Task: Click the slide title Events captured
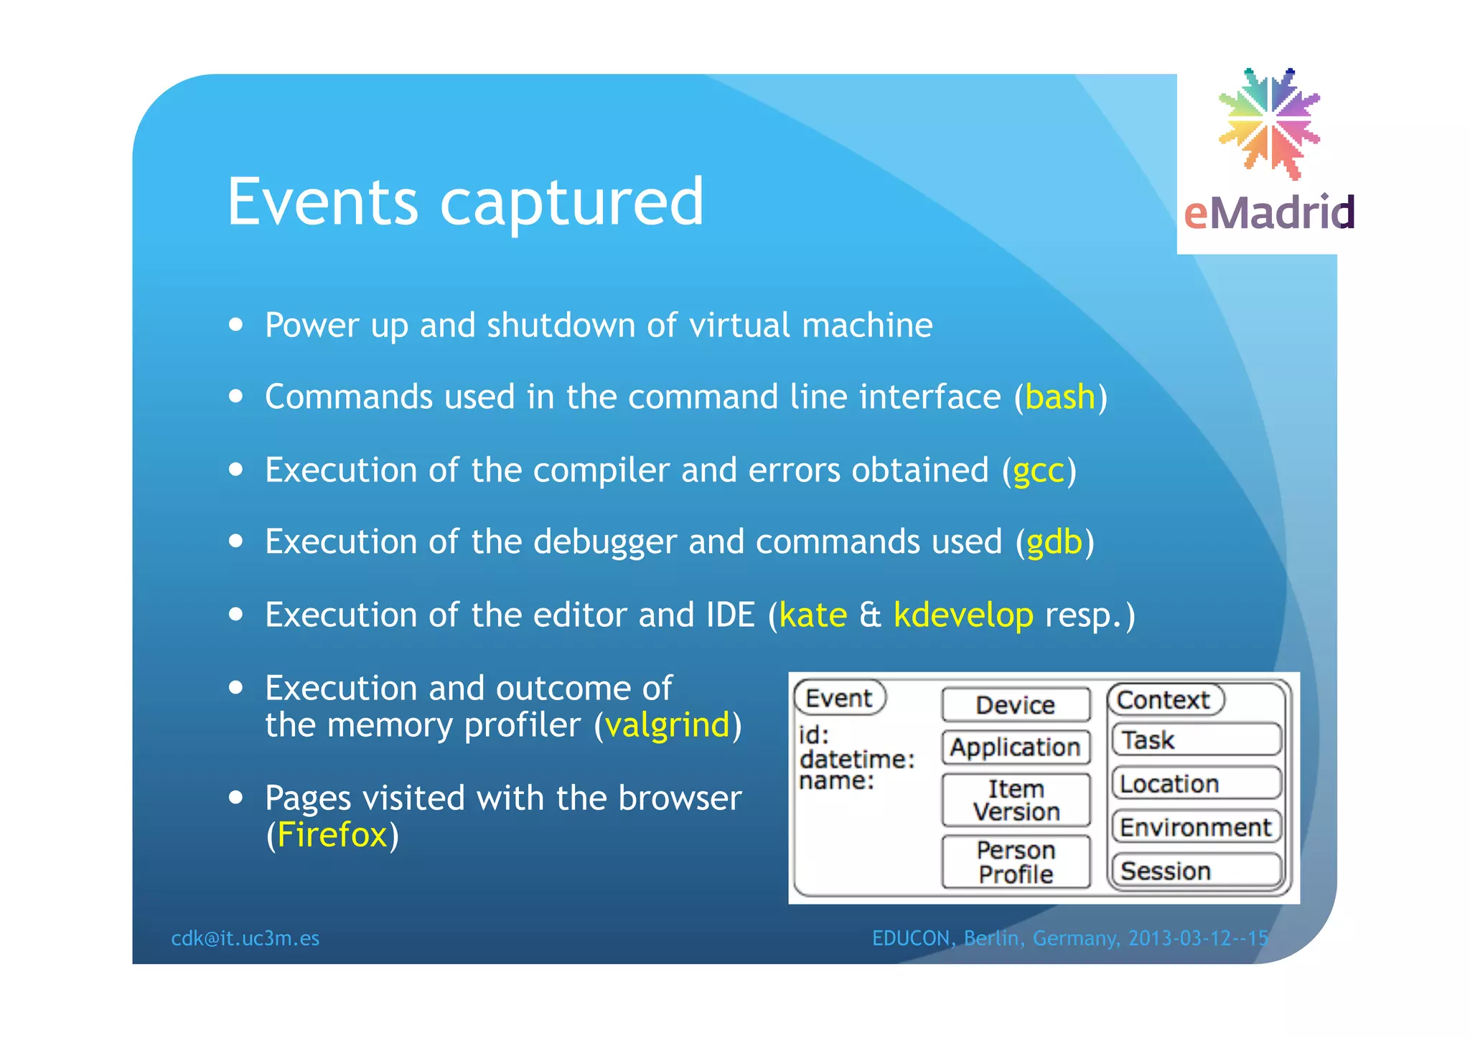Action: pyautogui.click(x=465, y=203)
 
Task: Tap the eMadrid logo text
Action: pyautogui.click(x=1268, y=213)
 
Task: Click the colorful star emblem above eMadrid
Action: pyautogui.click(x=1269, y=122)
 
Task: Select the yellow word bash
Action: pyautogui.click(x=1060, y=397)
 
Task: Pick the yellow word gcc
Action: pyautogui.click(x=1038, y=471)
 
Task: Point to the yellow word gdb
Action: pyautogui.click(x=1054, y=542)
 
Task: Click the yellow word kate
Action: pyautogui.click(x=813, y=615)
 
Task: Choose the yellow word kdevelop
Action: pyautogui.click(x=963, y=615)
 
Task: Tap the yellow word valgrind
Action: pyautogui.click(x=667, y=725)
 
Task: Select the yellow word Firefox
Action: pyautogui.click(x=332, y=835)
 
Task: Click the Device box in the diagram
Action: pyautogui.click(x=1015, y=705)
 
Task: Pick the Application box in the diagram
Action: pyautogui.click(x=1015, y=747)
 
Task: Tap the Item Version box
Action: pyautogui.click(x=1015, y=800)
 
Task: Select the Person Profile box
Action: pyautogui.click(x=1015, y=862)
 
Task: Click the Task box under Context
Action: pyautogui.click(x=1196, y=740)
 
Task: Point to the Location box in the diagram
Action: pyautogui.click(x=1196, y=783)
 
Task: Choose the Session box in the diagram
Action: pyautogui.click(x=1196, y=871)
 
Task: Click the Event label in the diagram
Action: pyautogui.click(x=838, y=698)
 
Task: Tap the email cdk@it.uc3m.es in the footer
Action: pyautogui.click(x=245, y=938)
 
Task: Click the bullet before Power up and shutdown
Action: pyautogui.click(x=235, y=324)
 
